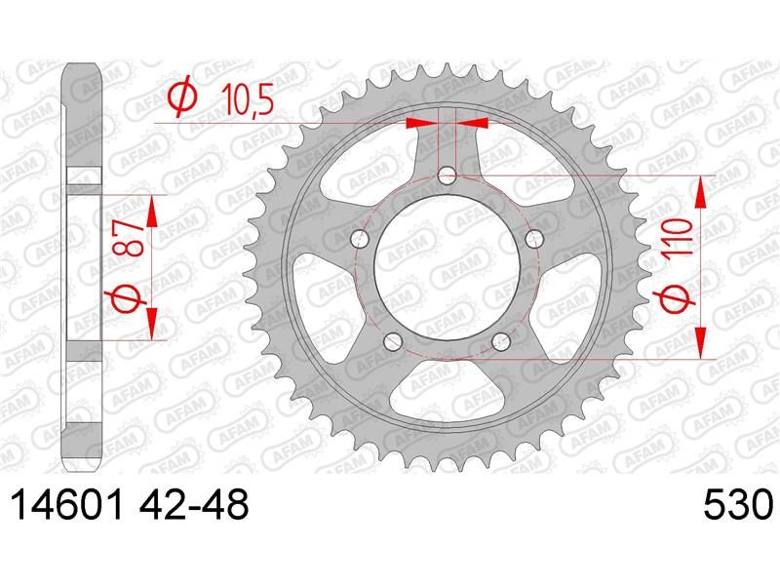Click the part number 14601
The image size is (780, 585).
coord(66,504)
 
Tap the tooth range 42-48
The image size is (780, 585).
coord(193,504)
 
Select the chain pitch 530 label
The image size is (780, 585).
coord(738,504)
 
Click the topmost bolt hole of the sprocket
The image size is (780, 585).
coord(447,175)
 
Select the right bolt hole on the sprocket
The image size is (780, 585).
coord(534,239)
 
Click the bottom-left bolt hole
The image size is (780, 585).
coord(393,340)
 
